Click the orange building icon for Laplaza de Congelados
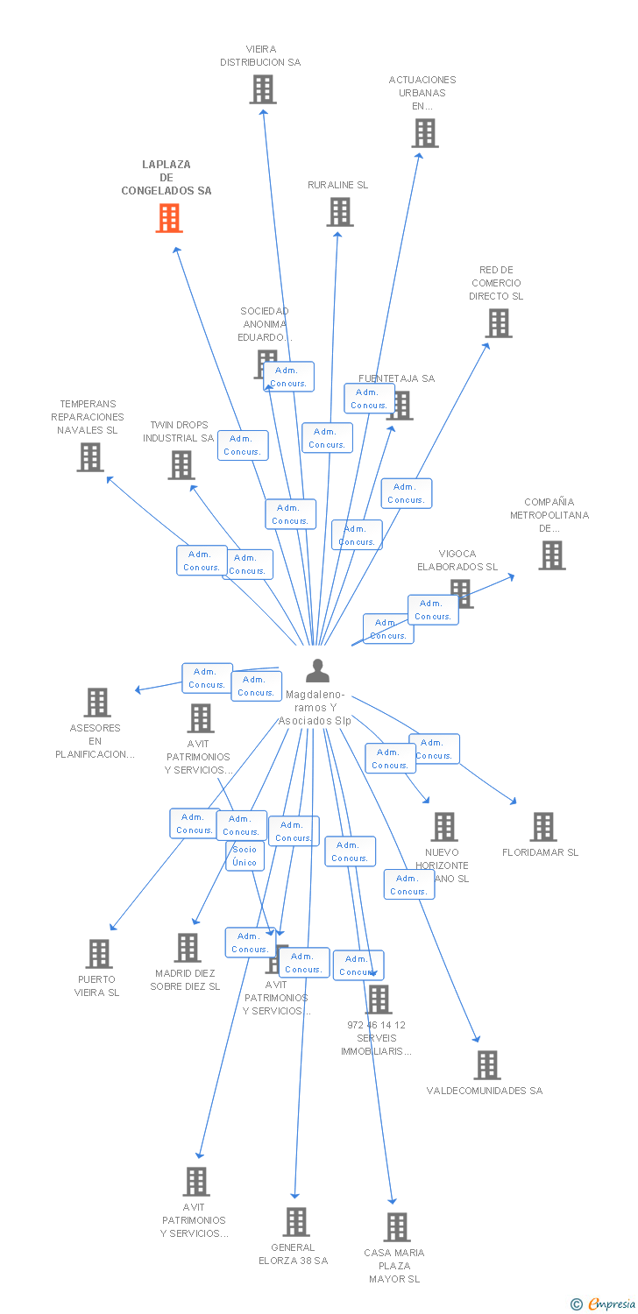click(x=169, y=218)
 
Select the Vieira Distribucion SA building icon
click(x=263, y=89)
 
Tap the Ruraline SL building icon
click(x=340, y=212)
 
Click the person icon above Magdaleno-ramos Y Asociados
click(x=317, y=671)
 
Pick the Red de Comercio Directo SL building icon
click(x=499, y=323)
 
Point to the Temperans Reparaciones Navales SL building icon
click(x=90, y=457)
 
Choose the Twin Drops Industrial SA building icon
click(x=181, y=465)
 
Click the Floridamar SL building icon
click(x=543, y=827)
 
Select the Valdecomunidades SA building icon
click(x=487, y=1065)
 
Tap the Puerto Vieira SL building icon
click(x=100, y=954)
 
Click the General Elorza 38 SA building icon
click(x=296, y=1222)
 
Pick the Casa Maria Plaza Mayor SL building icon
click(x=397, y=1227)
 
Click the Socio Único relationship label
click(x=245, y=856)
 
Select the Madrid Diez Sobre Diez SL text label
click(x=185, y=979)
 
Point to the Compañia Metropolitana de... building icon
click(x=552, y=555)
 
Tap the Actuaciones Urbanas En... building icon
click(x=425, y=133)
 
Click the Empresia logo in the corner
click(x=603, y=1304)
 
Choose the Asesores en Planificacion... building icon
click(x=97, y=703)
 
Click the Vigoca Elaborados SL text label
click(x=457, y=560)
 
